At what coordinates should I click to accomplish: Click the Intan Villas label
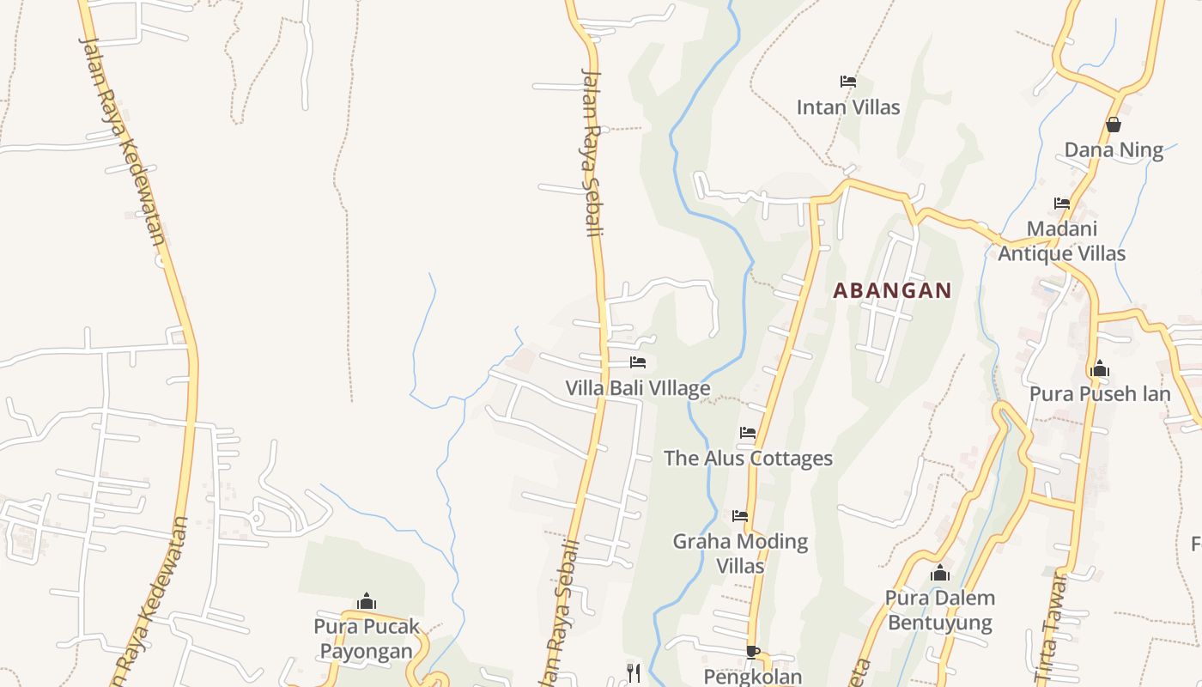pyautogui.click(x=848, y=107)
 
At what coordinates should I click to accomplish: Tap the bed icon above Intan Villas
pyautogui.click(x=848, y=82)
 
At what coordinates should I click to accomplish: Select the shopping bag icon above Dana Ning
pyautogui.click(x=1114, y=125)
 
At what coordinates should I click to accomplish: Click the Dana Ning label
pyautogui.click(x=1114, y=150)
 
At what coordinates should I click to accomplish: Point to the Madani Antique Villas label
pyautogui.click(x=1062, y=241)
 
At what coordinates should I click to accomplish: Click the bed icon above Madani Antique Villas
pyautogui.click(x=1062, y=204)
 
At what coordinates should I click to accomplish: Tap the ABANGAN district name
pyautogui.click(x=892, y=290)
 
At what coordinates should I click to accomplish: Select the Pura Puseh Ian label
pyautogui.click(x=1099, y=394)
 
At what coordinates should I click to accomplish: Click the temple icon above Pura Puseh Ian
pyautogui.click(x=1099, y=370)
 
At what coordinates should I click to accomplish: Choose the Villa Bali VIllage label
pyautogui.click(x=638, y=388)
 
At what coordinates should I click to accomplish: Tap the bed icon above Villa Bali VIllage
pyautogui.click(x=638, y=362)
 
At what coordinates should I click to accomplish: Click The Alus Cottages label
pyautogui.click(x=748, y=459)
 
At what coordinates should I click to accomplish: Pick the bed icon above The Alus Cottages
pyautogui.click(x=748, y=433)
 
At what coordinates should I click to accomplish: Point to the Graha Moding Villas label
pyautogui.click(x=740, y=554)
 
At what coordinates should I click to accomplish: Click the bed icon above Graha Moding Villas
pyautogui.click(x=740, y=516)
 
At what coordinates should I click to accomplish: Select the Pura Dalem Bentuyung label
pyautogui.click(x=940, y=610)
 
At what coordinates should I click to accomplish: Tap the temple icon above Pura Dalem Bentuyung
pyautogui.click(x=940, y=573)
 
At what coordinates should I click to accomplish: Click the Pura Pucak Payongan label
pyautogui.click(x=367, y=638)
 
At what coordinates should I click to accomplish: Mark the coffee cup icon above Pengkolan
pyautogui.click(x=753, y=652)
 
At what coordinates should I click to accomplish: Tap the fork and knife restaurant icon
pyautogui.click(x=634, y=672)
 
